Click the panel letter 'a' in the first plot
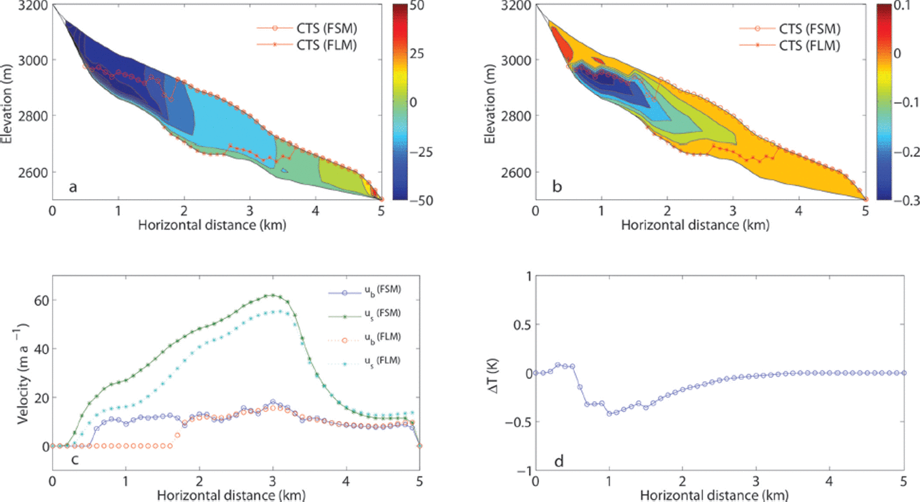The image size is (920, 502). coord(73,187)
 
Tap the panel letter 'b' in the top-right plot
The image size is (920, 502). coord(557,187)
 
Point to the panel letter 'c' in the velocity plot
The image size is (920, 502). coord(76,459)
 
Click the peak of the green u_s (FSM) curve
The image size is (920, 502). coord(273,295)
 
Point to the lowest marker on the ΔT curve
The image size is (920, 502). coord(610,413)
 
